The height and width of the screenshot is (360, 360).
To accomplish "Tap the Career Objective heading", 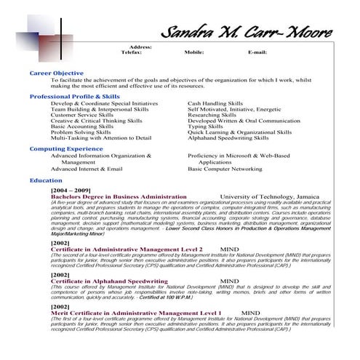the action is point(56,73).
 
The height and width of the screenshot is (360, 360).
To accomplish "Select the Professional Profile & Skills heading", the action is point(75,96).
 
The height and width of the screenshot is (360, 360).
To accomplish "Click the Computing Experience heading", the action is point(66,148).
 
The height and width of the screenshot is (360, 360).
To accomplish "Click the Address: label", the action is point(140,47).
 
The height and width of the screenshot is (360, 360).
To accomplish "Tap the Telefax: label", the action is point(131,52).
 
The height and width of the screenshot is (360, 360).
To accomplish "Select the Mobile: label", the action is point(193,52).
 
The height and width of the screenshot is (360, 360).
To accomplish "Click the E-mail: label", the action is point(257,52).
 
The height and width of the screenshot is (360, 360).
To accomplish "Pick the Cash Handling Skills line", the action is point(215,104).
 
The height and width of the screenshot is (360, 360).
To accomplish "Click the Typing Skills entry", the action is point(205,126).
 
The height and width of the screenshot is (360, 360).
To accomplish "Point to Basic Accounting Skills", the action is point(82,126).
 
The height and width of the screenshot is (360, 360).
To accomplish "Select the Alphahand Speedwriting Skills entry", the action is point(228,137).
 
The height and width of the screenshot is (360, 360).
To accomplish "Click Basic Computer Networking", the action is point(225,168).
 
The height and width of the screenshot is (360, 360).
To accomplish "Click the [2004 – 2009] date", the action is point(71,190).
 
